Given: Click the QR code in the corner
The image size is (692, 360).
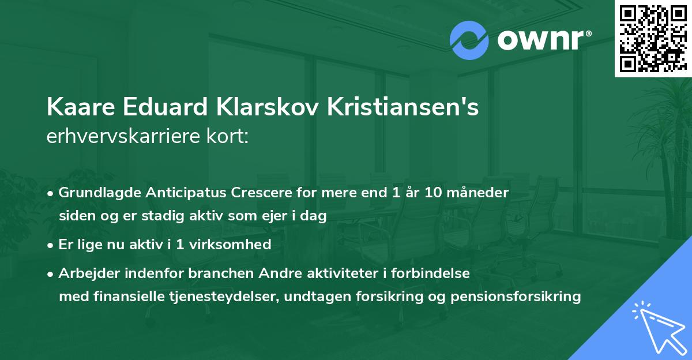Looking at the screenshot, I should coord(653,39).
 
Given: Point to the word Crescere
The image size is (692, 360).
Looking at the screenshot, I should coord(244,193).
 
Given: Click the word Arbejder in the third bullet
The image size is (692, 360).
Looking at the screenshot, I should coord(85,273).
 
